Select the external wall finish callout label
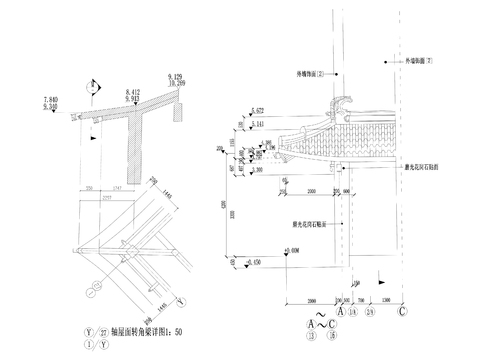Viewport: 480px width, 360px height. tap(419, 62)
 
